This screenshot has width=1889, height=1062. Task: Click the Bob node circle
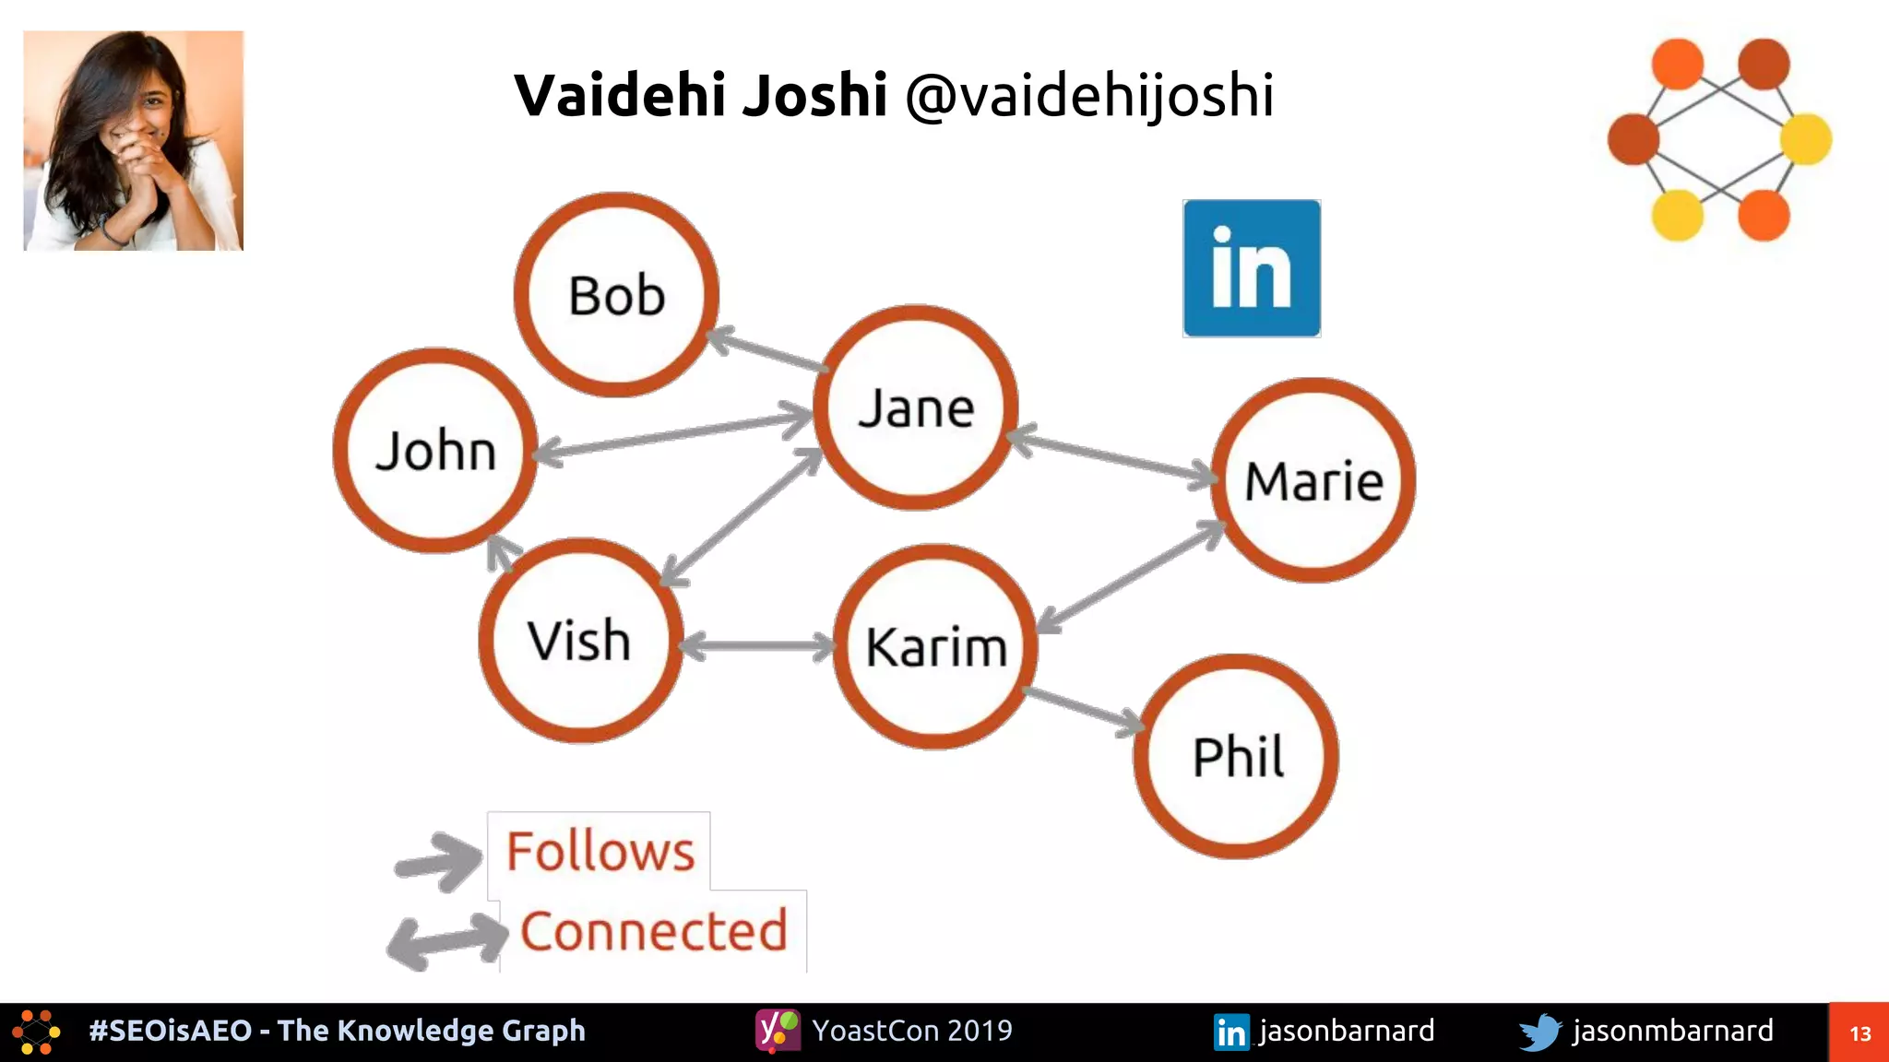(616, 295)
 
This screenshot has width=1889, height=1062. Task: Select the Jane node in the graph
(916, 407)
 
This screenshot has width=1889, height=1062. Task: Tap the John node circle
(435, 451)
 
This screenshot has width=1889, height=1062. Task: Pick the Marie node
(1313, 480)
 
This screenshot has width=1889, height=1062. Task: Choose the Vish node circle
(580, 641)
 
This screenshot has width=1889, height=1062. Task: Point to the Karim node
(935, 646)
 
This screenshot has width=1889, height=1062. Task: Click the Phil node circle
(1236, 757)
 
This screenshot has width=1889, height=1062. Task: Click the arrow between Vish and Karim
(758, 645)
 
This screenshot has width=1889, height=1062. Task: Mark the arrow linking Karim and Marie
(1131, 577)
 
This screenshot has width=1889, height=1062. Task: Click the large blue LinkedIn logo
(1252, 268)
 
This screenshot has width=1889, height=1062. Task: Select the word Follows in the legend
(600, 851)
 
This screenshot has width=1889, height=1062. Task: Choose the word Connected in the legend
(654, 931)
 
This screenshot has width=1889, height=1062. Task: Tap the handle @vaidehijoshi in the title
(1089, 95)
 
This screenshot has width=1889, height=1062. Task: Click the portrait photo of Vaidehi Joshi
(134, 140)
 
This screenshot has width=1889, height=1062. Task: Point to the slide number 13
(1859, 1033)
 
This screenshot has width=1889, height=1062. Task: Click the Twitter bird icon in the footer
(1539, 1032)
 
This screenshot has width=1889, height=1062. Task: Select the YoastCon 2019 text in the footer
(911, 1031)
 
